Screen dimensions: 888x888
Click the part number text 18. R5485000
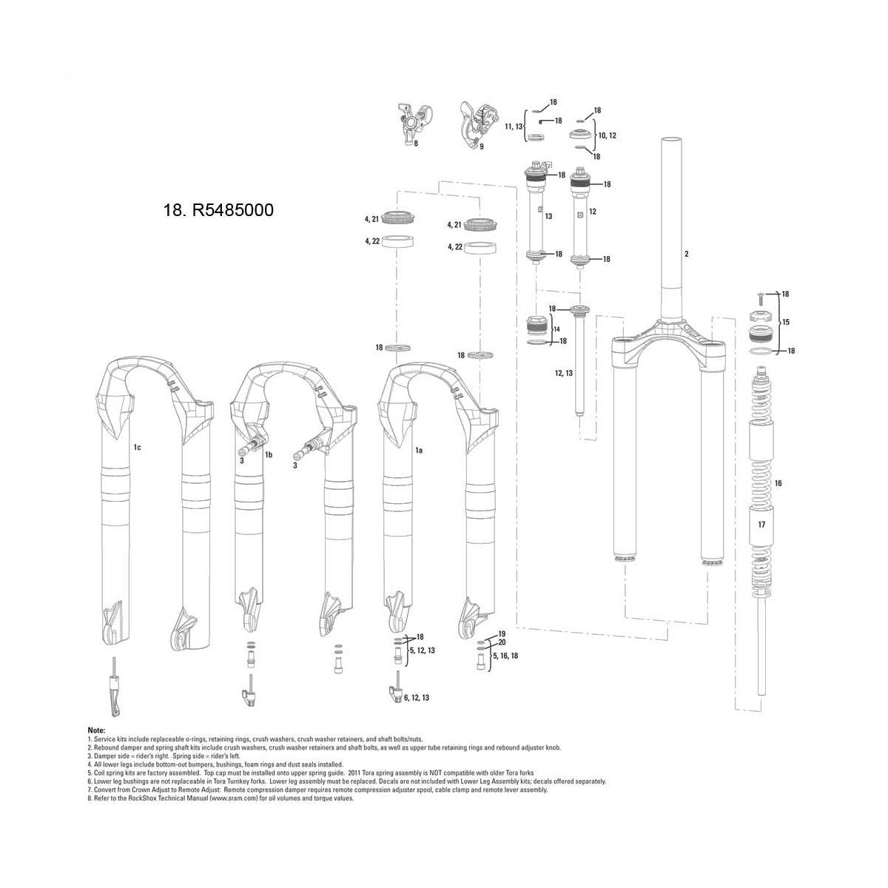pos(218,210)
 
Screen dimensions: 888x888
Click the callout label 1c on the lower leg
pos(138,448)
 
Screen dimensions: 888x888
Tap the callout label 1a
pos(418,449)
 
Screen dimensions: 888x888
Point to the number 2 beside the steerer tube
pos(687,255)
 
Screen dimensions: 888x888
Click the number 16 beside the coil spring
pos(778,483)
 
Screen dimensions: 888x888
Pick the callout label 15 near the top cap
pos(786,323)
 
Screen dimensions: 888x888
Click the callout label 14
pos(557,328)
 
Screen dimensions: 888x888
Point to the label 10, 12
pos(607,135)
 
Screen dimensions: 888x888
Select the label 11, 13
pos(514,127)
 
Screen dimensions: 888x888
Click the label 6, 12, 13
pos(417,698)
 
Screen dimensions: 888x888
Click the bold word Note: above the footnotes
pos(96,730)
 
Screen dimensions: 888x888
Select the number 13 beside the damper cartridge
pos(549,217)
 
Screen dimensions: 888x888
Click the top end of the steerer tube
pos(671,139)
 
